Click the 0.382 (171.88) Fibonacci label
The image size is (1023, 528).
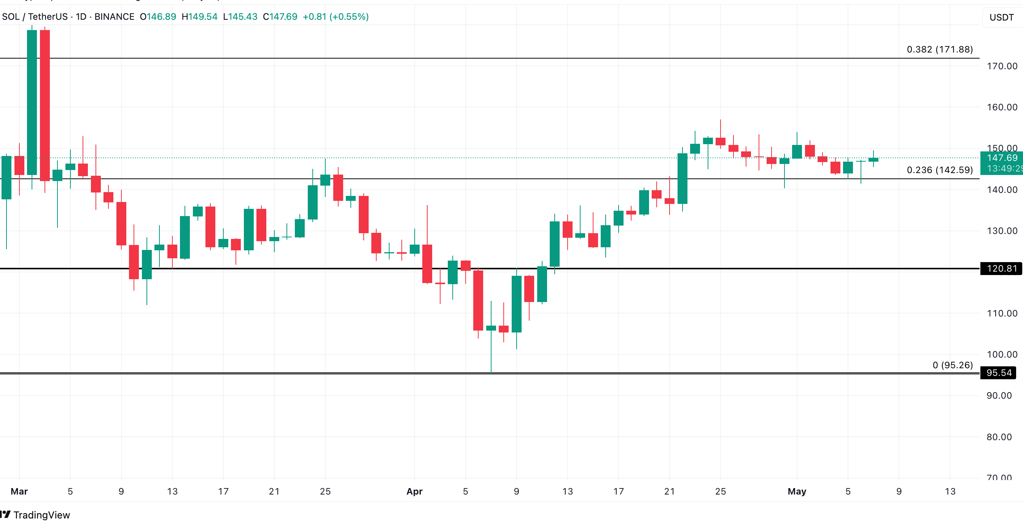click(x=939, y=49)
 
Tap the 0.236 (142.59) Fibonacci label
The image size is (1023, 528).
click(x=939, y=170)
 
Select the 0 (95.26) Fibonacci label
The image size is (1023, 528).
click(x=952, y=365)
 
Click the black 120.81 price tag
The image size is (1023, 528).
click(x=1001, y=269)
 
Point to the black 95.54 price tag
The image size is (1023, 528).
click(x=998, y=373)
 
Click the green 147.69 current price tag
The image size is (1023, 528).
click(x=1002, y=158)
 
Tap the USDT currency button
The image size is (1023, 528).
click(x=1001, y=17)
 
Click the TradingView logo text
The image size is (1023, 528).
click(x=41, y=515)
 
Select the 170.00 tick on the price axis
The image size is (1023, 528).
click(x=1002, y=66)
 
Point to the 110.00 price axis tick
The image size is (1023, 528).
click(x=1002, y=313)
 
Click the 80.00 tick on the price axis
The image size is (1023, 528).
click(x=999, y=437)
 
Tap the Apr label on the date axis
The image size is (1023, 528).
click(x=414, y=491)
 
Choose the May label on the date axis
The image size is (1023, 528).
click(x=797, y=491)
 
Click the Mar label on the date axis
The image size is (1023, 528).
click(x=19, y=491)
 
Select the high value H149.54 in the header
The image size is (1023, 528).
click(x=199, y=17)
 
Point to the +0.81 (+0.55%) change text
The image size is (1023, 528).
click(x=336, y=17)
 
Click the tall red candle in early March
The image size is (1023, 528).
click(x=45, y=105)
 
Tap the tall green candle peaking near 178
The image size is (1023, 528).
click(x=32, y=102)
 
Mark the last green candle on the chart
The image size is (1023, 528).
click(x=873, y=160)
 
